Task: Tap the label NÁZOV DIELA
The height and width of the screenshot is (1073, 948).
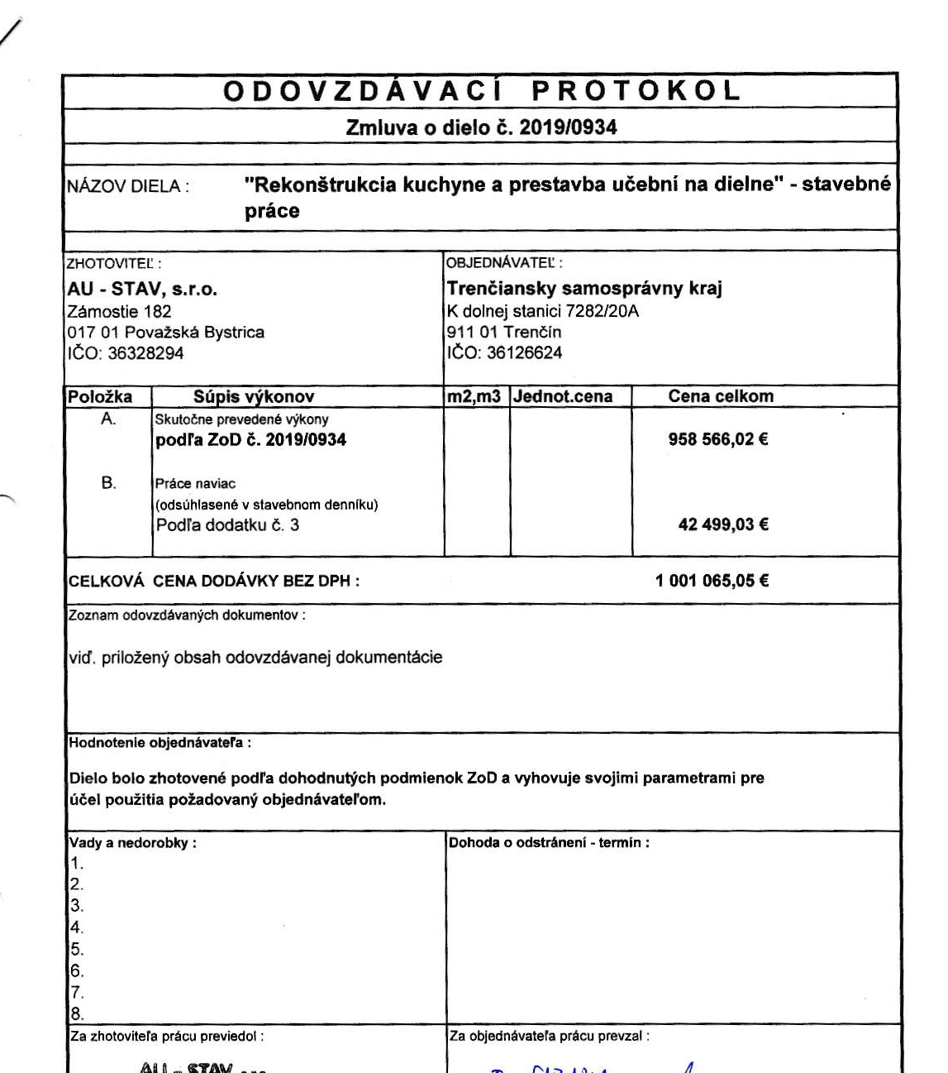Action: [x=127, y=186]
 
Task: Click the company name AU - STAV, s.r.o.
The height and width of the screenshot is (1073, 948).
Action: [x=141, y=290]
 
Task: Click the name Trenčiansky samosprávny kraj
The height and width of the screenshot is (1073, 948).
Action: [x=584, y=289]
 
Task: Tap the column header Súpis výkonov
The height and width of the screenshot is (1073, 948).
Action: [x=254, y=396]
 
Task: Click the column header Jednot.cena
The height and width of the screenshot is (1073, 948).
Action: [x=563, y=396]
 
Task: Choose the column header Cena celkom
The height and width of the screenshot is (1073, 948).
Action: [x=721, y=396]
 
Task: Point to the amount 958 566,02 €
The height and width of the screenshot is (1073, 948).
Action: [x=718, y=439]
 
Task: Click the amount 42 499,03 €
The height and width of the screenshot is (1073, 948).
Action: [x=723, y=525]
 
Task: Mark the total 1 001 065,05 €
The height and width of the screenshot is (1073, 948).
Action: [x=712, y=581]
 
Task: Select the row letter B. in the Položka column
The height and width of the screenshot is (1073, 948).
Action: [x=108, y=483]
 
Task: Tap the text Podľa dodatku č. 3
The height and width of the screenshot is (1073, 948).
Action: [x=227, y=525]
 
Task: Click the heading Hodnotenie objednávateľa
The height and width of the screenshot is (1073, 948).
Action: [x=160, y=743]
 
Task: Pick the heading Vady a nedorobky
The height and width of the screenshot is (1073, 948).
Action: [x=132, y=843]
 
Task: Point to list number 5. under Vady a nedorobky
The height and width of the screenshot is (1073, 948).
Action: [x=77, y=950]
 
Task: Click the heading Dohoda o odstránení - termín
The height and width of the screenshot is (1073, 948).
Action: [x=548, y=843]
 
